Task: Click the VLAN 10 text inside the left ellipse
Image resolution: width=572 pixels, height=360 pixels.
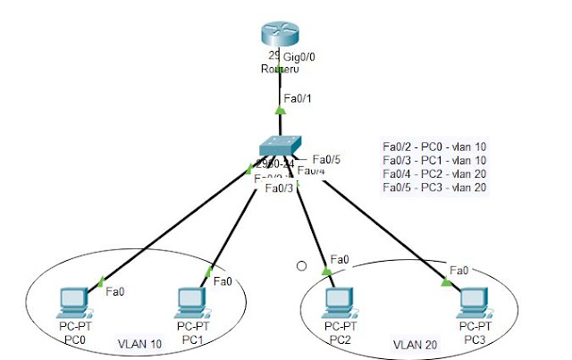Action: coord(139,343)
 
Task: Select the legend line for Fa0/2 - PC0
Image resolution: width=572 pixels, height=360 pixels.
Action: coord(433,147)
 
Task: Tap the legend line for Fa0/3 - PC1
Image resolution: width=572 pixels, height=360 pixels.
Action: coord(433,161)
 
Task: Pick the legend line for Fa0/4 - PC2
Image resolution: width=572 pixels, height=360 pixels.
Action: coord(433,174)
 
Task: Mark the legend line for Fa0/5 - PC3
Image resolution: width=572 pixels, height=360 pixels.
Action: coord(433,188)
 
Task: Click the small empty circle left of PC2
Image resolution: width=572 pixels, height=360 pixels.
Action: coord(302,266)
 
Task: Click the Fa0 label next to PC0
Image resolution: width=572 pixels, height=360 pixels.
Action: coord(114,291)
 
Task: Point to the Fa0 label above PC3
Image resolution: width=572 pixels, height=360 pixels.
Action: coord(459,270)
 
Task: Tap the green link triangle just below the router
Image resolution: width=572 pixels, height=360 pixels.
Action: coord(281,111)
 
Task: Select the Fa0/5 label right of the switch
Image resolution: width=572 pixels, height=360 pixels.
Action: coord(326,160)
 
